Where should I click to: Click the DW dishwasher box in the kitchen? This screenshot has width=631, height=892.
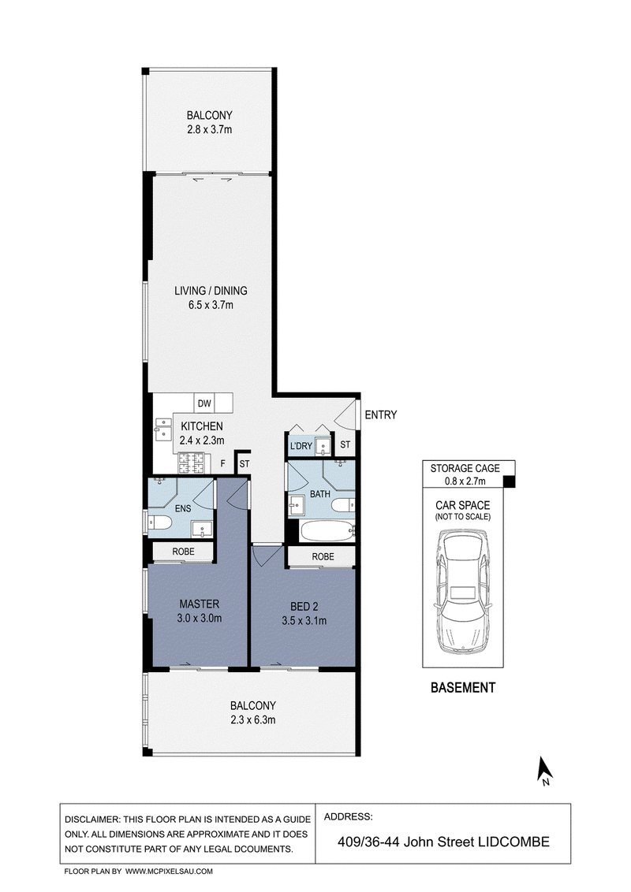pyautogui.click(x=203, y=403)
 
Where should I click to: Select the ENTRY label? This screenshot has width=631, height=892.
pyautogui.click(x=381, y=414)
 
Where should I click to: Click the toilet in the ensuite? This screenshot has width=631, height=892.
pyautogui.click(x=160, y=521)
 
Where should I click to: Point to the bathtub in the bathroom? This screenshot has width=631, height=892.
pyautogui.click(x=327, y=531)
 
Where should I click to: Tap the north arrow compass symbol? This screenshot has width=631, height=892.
pyautogui.click(x=545, y=771)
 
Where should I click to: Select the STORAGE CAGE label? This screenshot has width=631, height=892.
pyautogui.click(x=465, y=468)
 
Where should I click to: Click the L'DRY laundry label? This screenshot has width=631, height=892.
pyautogui.click(x=301, y=446)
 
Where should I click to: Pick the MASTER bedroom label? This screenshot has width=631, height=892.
pyautogui.click(x=200, y=604)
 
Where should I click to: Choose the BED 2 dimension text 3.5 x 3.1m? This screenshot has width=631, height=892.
pyautogui.click(x=304, y=621)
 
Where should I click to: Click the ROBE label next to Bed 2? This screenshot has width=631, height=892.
pyautogui.click(x=323, y=556)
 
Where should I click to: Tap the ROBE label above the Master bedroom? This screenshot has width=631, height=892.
pyautogui.click(x=183, y=552)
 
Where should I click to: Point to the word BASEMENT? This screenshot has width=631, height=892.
pyautogui.click(x=463, y=688)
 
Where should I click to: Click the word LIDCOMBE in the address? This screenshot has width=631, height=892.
pyautogui.click(x=513, y=842)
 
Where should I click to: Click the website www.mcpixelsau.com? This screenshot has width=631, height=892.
pyautogui.click(x=169, y=871)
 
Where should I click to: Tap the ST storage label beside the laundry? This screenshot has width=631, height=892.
pyautogui.click(x=345, y=445)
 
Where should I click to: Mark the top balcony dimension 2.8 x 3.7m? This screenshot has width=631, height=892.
pyautogui.click(x=210, y=130)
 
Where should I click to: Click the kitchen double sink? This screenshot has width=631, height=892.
pyautogui.click(x=163, y=429)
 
